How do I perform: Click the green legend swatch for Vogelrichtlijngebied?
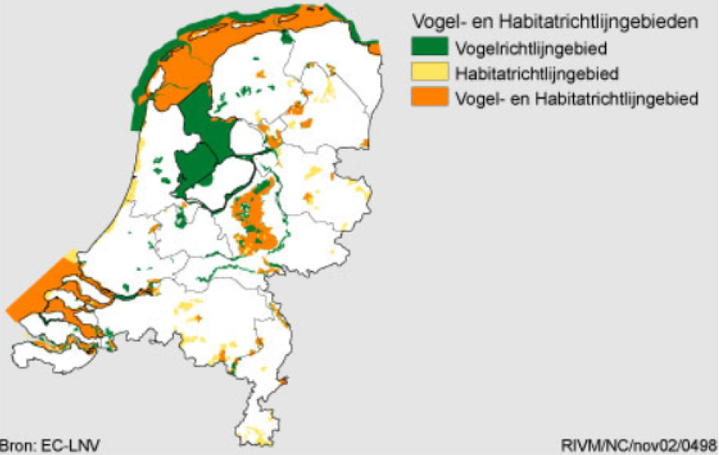pyautogui.click(x=429, y=48)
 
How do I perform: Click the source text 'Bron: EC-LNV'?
pyautogui.click(x=49, y=446)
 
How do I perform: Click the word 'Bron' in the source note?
pyautogui.click(x=15, y=446)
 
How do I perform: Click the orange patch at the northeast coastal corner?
pyautogui.click(x=375, y=49)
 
